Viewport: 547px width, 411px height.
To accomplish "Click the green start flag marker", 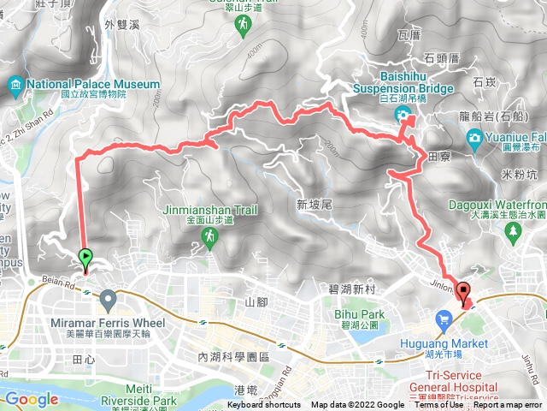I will pyautogui.click(x=86, y=257).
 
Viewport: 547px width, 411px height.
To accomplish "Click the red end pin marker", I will pyautogui.click(x=463, y=293).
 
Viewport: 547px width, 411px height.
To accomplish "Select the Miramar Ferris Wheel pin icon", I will pyautogui.click(x=108, y=300).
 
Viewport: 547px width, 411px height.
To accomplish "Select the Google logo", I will pyautogui.click(x=32, y=399).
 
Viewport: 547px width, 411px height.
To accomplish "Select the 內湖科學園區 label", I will pyautogui.click(x=233, y=356).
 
